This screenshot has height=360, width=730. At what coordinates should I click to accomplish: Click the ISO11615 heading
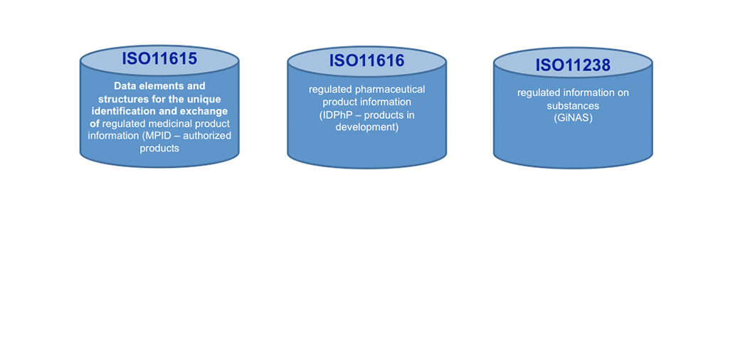pyautogui.click(x=159, y=58)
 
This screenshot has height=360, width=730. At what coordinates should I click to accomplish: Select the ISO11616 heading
pyautogui.click(x=367, y=60)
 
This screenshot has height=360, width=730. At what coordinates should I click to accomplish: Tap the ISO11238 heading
pyautogui.click(x=573, y=65)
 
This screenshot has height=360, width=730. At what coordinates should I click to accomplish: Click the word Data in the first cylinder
pyautogui.click(x=125, y=86)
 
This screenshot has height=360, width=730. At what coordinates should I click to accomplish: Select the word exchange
pyautogui.click(x=207, y=112)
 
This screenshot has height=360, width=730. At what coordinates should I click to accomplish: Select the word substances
pyautogui.click(x=573, y=106)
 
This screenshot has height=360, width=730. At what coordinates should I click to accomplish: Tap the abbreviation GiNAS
pyautogui.click(x=573, y=118)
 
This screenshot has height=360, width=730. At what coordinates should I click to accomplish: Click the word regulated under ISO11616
pyautogui.click(x=330, y=90)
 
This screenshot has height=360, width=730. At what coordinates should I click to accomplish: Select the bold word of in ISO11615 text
pyautogui.click(x=94, y=124)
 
